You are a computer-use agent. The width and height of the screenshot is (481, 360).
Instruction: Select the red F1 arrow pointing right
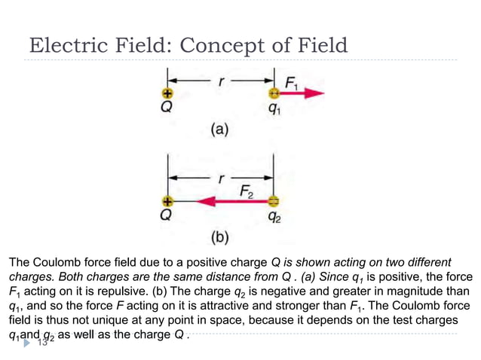coord(302,93)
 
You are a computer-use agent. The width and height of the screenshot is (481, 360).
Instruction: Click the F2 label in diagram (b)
coord(247,190)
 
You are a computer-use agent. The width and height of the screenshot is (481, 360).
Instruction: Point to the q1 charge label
coord(274,108)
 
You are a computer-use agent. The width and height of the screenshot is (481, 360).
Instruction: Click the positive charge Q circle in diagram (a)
coord(167,93)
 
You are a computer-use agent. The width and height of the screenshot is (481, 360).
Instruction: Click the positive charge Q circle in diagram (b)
coord(167,202)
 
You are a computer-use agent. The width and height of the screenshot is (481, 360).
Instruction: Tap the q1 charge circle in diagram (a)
coord(274,93)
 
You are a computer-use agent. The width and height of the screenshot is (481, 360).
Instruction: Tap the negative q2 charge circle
coord(274,202)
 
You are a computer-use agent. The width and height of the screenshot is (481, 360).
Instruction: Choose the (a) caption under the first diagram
coord(219,130)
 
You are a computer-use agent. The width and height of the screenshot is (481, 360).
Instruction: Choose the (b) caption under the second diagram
coord(219,239)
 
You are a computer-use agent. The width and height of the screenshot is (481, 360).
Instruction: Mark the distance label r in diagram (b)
coord(221,181)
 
